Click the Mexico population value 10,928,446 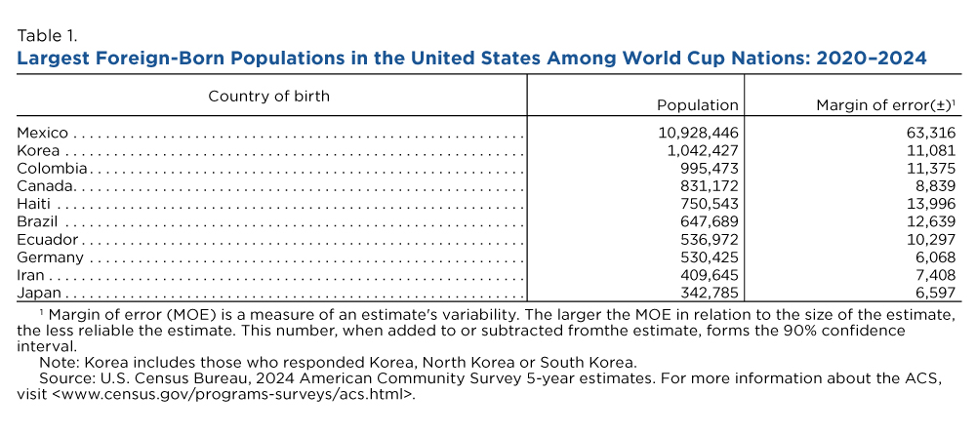coord(698,133)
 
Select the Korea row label coord(39,150)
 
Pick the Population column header coord(698,105)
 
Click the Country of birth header coord(269,97)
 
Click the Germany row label coord(51,257)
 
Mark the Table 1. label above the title coord(47,34)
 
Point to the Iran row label coord(30,275)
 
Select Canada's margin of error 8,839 coord(933,186)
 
